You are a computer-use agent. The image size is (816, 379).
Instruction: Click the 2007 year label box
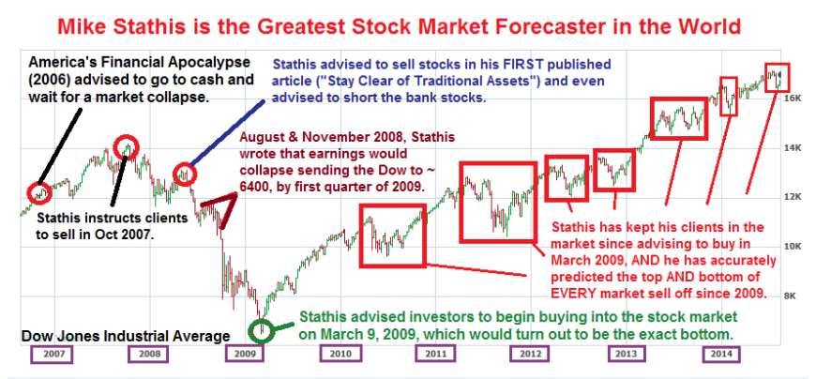tap(51, 355)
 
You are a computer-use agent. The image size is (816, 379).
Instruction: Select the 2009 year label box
tap(245, 355)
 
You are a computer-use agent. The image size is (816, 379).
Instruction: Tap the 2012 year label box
tap(529, 355)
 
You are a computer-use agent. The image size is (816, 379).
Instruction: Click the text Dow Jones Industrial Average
tap(126, 336)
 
